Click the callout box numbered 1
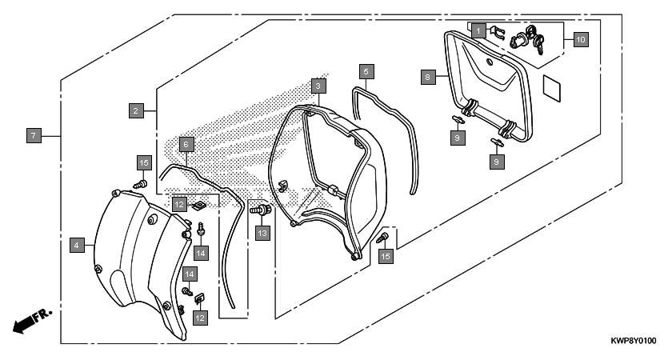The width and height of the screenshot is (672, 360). point(478,31)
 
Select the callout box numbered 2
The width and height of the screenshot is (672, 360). point(136,111)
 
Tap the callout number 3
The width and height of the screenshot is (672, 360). point(318,86)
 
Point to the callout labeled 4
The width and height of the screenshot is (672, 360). point(77,245)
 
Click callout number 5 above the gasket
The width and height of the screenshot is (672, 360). point(366,71)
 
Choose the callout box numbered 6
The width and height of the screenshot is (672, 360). point(186,145)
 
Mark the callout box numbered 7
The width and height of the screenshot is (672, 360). point(34,136)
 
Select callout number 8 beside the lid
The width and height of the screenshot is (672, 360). point(428,77)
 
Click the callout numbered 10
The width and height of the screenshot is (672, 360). point(580,40)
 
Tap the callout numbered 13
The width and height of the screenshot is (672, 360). point(262,234)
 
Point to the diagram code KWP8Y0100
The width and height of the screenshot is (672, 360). point(634,341)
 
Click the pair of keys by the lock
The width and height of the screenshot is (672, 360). point(535,39)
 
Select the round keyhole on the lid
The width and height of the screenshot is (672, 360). point(490,62)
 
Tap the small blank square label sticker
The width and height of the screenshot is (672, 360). point(552,89)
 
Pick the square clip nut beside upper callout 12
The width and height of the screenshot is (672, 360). point(199,206)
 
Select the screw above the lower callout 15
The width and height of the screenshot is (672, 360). point(382,238)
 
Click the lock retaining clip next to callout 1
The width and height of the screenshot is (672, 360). point(497,32)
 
